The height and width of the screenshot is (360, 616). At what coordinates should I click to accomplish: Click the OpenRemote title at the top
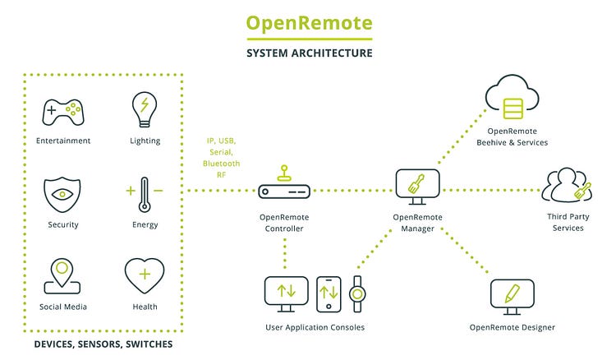click(309, 22)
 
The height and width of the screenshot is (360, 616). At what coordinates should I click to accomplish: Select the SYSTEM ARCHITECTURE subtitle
click(309, 53)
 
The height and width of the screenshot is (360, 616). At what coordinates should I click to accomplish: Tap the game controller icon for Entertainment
click(63, 111)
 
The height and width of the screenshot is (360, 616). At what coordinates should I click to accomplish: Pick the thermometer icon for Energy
click(145, 195)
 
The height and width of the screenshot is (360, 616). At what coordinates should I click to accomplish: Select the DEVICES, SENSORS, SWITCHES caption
click(103, 344)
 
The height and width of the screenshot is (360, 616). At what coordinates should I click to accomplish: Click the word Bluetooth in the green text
click(222, 164)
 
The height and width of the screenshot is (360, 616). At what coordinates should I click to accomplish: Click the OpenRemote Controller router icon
click(283, 191)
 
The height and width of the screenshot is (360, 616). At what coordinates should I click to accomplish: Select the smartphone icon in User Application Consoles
click(329, 293)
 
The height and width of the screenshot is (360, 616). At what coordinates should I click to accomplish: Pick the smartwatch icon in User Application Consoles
click(357, 293)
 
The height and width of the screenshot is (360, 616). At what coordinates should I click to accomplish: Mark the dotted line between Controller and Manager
click(353, 191)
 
